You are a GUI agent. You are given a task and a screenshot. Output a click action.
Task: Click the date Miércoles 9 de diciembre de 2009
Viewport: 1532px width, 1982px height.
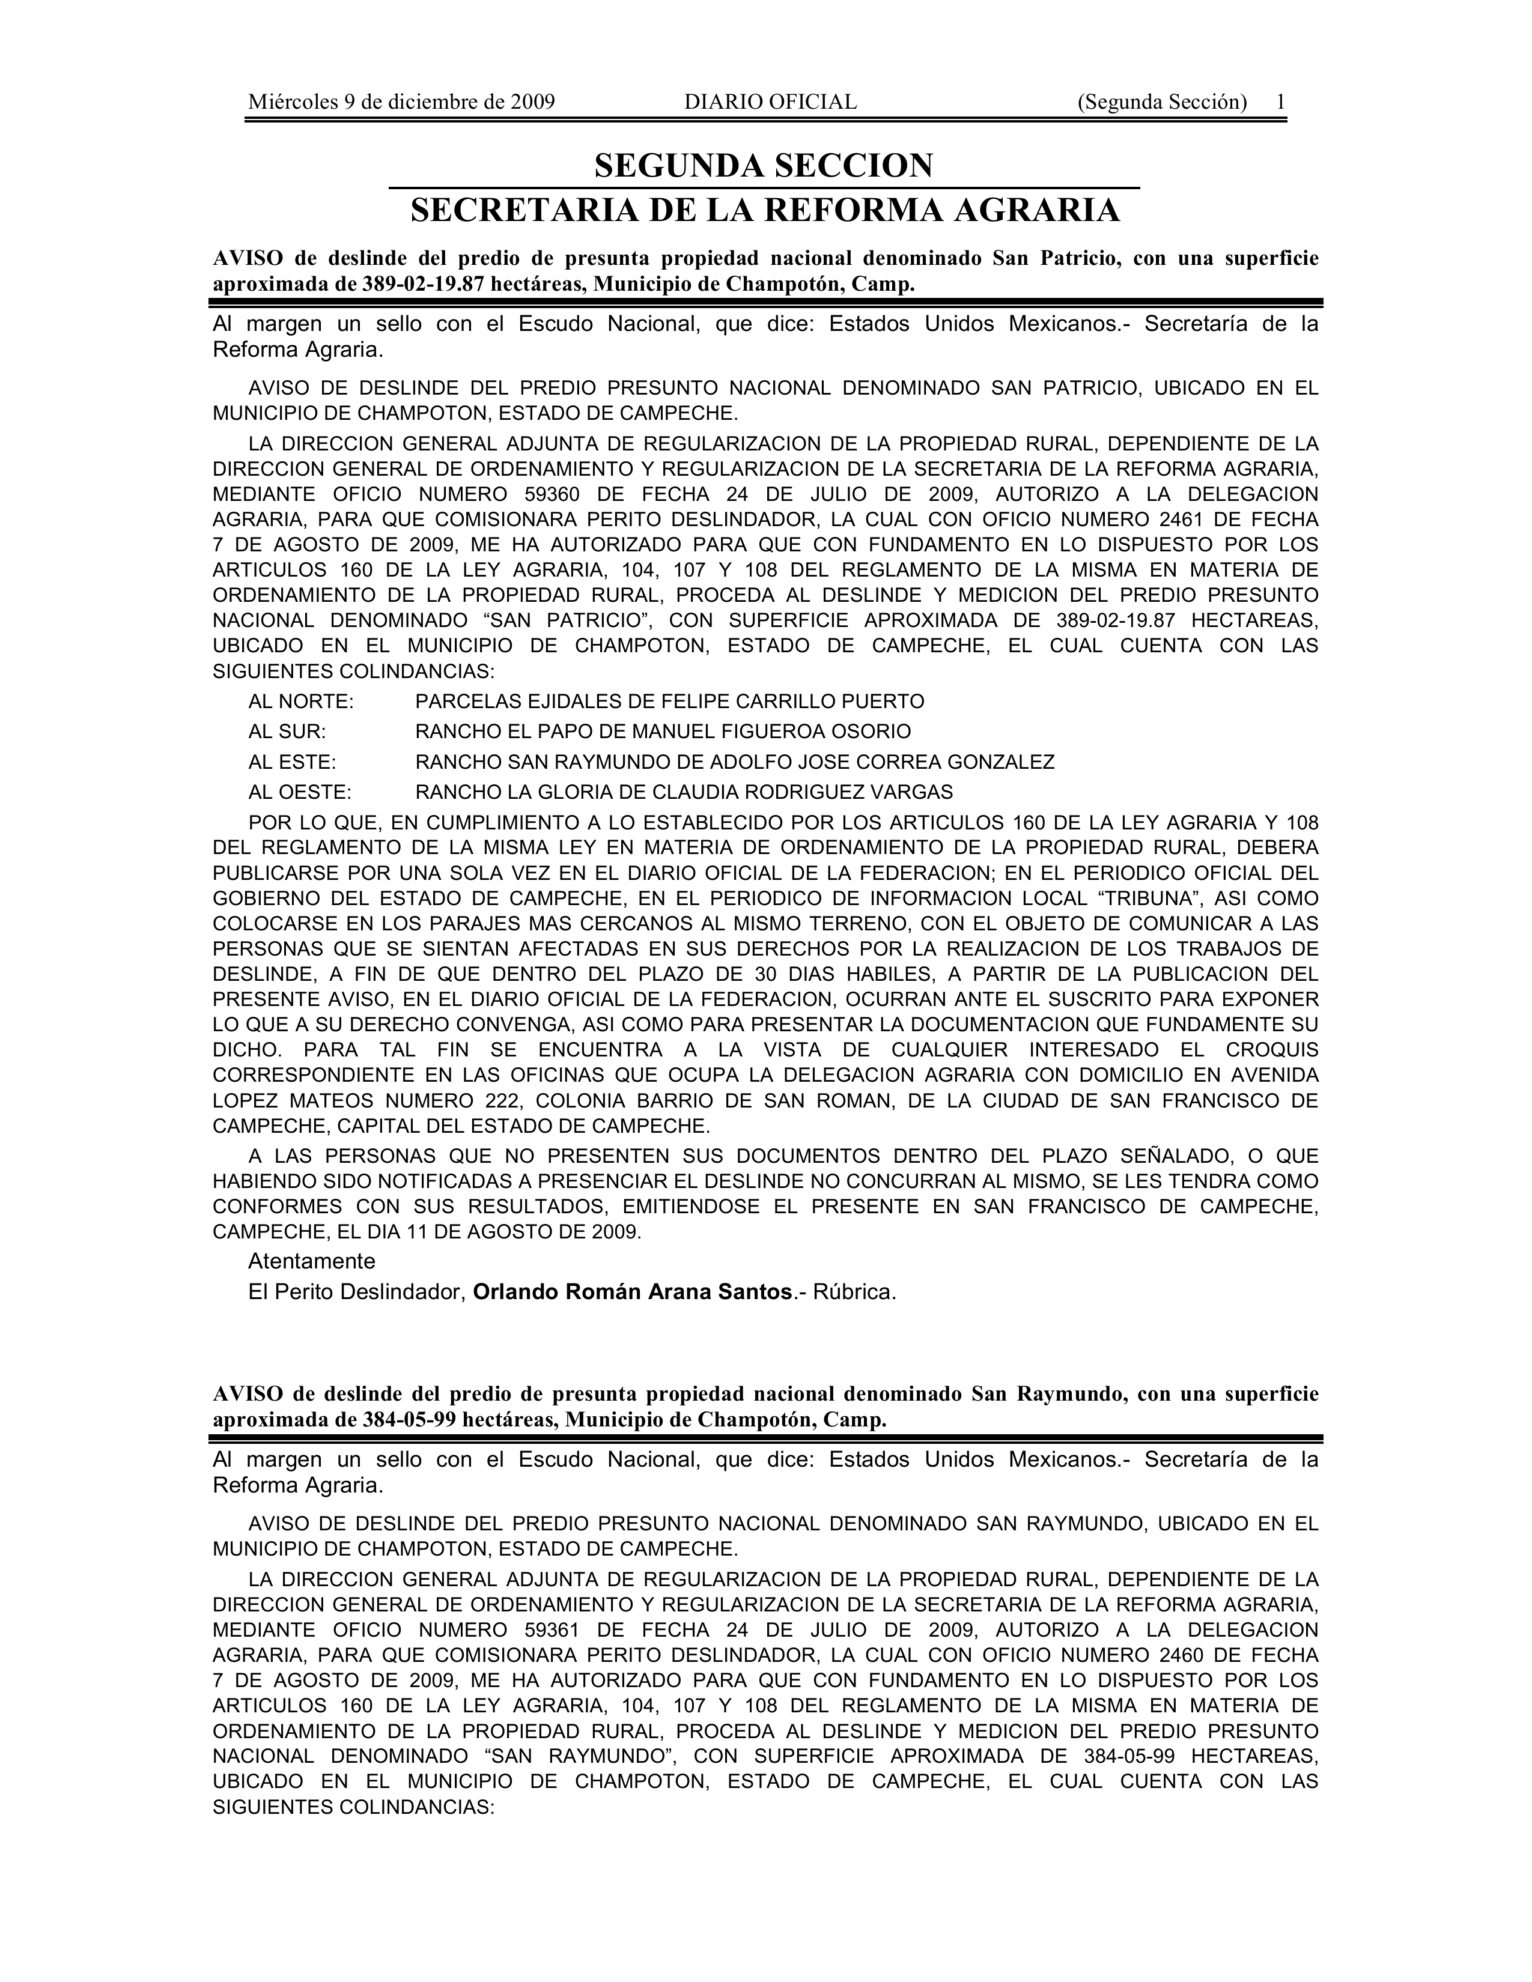[401, 102]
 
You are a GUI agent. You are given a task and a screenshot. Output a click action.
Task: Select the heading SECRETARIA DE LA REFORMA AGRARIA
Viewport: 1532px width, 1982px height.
[764, 211]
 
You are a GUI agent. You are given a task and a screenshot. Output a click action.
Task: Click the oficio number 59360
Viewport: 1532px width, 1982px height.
[556, 494]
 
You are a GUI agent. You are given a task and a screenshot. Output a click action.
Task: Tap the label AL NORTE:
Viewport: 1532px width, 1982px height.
[302, 702]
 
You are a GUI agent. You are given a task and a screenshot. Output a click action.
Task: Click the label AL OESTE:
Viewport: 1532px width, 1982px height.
[300, 792]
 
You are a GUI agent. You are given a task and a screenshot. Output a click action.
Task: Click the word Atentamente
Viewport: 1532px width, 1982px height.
[311, 1261]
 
